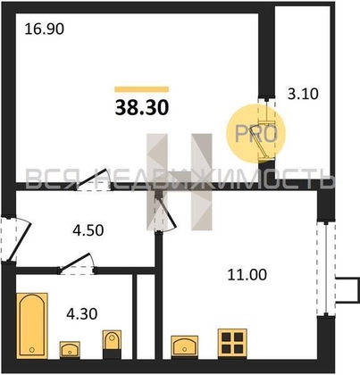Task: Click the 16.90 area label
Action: (x=44, y=29)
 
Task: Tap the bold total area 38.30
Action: (x=142, y=107)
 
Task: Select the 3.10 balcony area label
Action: (x=303, y=94)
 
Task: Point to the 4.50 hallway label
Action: (x=88, y=230)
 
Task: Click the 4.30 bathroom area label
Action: (x=82, y=314)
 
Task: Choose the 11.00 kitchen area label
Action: (x=247, y=275)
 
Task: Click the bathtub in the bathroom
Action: (x=32, y=326)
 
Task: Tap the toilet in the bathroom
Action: (x=112, y=344)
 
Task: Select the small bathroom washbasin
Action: (x=70, y=349)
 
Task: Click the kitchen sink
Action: (x=184, y=346)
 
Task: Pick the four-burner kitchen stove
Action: (x=232, y=343)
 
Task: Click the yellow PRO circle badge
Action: (x=255, y=134)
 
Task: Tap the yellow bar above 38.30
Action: (x=142, y=89)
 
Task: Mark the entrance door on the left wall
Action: (x=15, y=239)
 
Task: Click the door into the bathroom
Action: (x=78, y=264)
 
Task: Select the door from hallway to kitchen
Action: (x=165, y=212)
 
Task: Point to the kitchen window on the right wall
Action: (x=326, y=268)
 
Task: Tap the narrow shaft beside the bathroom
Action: (x=146, y=317)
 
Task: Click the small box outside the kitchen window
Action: (x=347, y=290)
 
